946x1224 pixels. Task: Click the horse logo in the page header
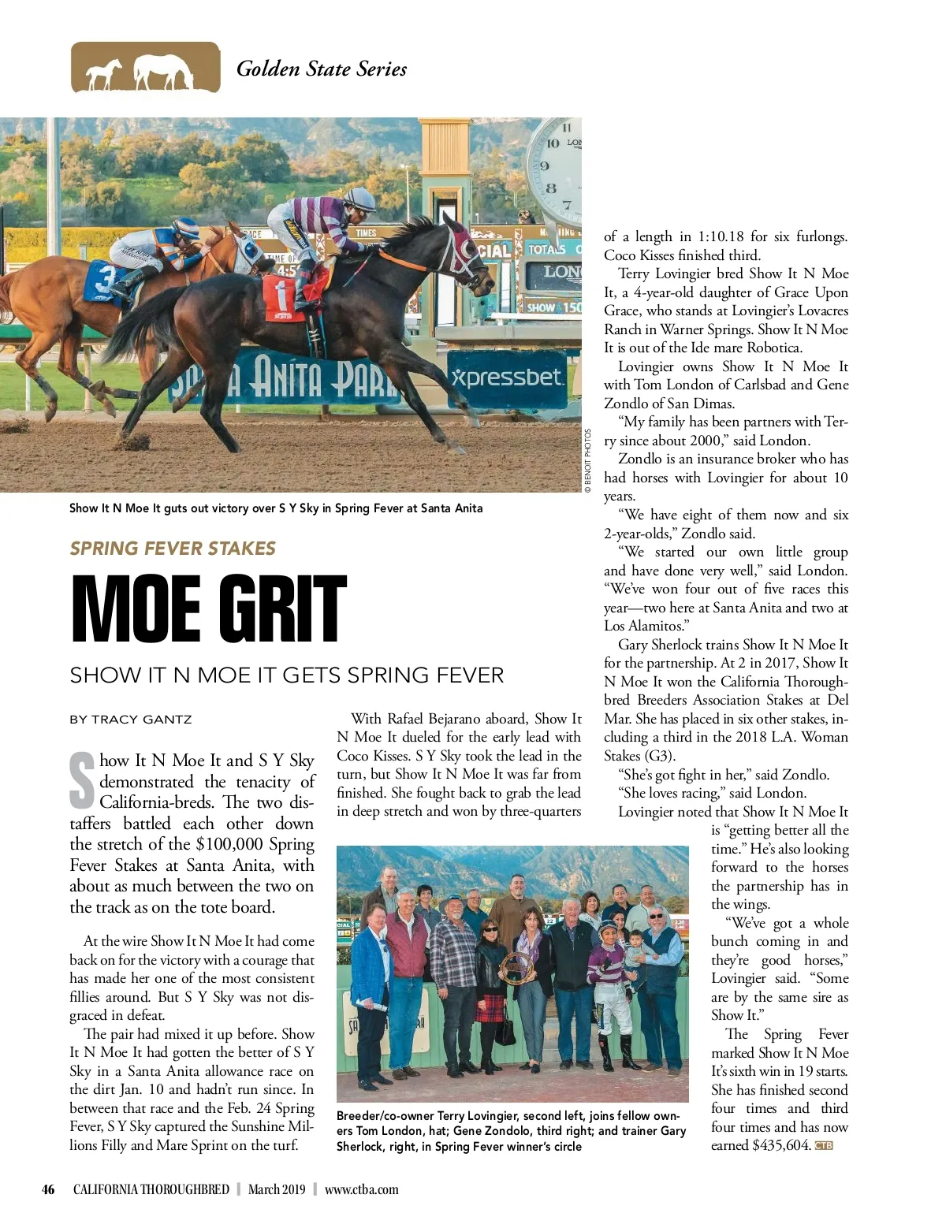(145, 68)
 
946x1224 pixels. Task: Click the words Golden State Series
(322, 69)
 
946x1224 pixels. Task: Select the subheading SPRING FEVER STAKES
(173, 549)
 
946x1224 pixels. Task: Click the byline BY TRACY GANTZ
(131, 720)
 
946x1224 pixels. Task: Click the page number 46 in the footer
(49, 1189)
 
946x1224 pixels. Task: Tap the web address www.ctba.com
(361, 1189)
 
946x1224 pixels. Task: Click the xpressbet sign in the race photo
(508, 378)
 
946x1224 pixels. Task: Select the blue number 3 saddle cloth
(104, 283)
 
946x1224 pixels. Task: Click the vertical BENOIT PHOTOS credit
(588, 461)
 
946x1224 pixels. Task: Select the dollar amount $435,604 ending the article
(781, 1145)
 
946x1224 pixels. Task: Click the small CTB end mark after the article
(824, 1146)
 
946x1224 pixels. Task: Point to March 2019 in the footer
(276, 1189)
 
